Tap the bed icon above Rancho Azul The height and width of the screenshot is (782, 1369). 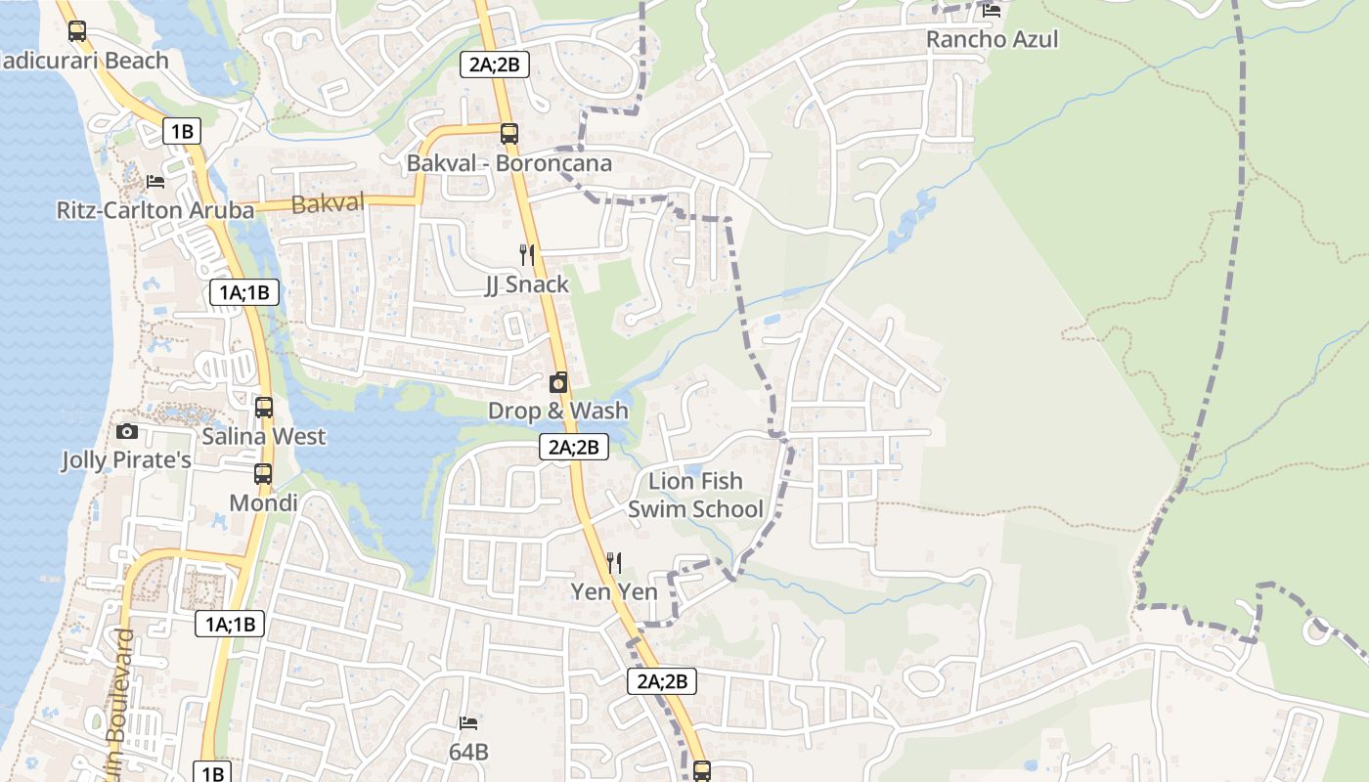(992, 11)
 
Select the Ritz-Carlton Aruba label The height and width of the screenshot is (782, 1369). (147, 210)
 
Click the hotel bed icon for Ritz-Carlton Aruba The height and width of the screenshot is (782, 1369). (155, 181)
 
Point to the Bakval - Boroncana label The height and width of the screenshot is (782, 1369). (508, 163)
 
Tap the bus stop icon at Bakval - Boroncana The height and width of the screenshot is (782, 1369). (508, 134)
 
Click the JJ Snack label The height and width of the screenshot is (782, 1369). (527, 284)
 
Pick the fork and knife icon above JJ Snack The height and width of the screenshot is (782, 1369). (527, 255)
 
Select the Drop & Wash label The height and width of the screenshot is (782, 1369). (558, 411)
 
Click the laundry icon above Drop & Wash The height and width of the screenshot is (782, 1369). (558, 382)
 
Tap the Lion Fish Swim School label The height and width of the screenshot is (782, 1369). (695, 495)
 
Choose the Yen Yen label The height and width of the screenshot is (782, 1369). (614, 591)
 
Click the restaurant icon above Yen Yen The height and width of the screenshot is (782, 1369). (614, 563)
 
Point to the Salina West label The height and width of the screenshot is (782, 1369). (264, 436)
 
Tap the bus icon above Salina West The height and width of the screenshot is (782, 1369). (264, 408)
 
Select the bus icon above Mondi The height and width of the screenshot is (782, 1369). (263, 474)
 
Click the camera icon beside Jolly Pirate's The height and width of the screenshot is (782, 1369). (126, 431)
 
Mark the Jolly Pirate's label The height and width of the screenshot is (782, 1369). (126, 459)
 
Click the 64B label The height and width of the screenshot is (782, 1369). (468, 753)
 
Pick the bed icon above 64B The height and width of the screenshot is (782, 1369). (468, 723)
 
